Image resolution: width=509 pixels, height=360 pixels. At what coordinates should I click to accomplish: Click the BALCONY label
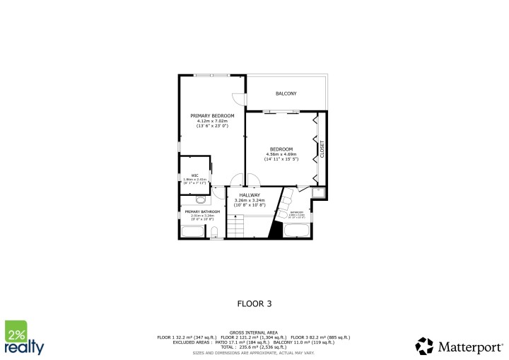pos(286,93)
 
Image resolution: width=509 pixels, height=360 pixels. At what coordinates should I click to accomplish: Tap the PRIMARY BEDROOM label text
pos(212,115)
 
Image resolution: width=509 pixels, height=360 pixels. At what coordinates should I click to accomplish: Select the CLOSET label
pos(322,149)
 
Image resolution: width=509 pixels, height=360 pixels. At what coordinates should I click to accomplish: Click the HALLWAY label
pos(249,195)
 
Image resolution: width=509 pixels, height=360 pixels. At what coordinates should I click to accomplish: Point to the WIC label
pos(194,175)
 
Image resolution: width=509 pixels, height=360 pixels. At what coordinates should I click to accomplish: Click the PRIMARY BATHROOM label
pos(202,211)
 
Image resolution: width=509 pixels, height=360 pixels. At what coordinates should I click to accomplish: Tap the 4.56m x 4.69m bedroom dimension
pos(281,154)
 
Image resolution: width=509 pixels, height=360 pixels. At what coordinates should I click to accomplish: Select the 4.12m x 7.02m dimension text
pos(212,121)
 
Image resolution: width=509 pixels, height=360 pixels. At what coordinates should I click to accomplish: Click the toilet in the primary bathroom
pos(214,231)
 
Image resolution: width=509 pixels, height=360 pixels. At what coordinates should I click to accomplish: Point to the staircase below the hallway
pos(235,227)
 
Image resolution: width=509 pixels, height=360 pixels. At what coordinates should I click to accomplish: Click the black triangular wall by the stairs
pos(275,231)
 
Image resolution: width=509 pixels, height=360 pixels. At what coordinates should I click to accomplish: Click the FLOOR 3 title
pos(254,303)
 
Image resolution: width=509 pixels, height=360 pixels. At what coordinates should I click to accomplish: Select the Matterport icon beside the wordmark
pos(424,346)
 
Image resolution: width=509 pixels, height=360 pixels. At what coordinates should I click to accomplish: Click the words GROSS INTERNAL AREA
pos(254,332)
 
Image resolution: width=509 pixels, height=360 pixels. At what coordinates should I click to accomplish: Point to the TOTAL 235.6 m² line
pos(254,347)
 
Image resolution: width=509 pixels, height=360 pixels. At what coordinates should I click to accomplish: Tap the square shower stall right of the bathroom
pos(318,192)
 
